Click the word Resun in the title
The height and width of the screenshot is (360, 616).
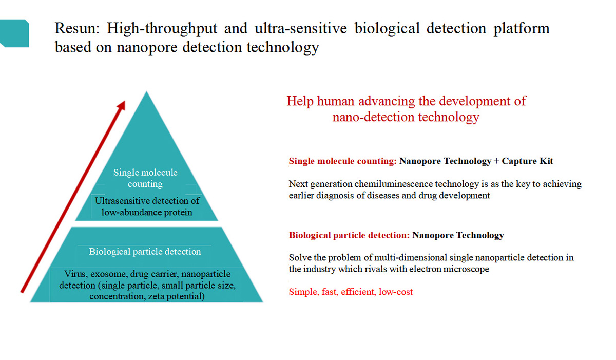coord(76,28)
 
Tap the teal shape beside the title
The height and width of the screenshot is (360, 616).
coord(14,33)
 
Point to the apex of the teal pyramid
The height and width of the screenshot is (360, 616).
coord(147,91)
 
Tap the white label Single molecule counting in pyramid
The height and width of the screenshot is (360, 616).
coord(145,178)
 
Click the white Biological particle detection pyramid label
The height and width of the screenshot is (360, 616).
coord(145,251)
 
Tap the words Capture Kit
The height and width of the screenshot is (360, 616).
coord(527,161)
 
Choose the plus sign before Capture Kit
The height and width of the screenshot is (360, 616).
coord(496,161)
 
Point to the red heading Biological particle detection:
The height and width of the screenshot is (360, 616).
coord(349,235)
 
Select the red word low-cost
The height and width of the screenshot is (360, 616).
coord(396,292)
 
